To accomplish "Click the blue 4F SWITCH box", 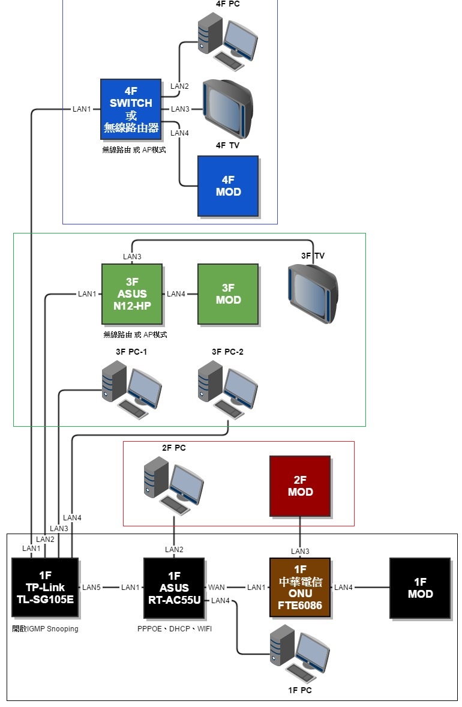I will [131, 109].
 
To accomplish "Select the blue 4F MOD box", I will [228, 186].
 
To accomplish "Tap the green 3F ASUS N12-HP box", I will [132, 294].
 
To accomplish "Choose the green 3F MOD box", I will [228, 294].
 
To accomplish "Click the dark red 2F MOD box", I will [300, 486].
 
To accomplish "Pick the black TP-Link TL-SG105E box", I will [45, 588].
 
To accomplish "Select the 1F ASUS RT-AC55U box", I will [174, 588].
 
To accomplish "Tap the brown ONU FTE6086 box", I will [300, 588].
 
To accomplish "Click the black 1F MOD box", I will [420, 588].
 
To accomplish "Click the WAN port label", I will [217, 588].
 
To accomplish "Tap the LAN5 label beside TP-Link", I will [91, 588].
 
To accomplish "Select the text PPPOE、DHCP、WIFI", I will [174, 629].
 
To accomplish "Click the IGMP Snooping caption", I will [45, 629].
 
